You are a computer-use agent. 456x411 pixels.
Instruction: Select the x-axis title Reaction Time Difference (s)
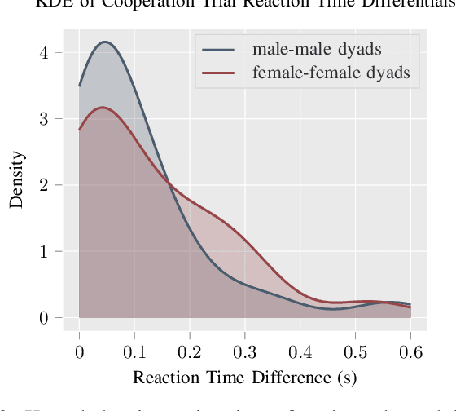[x=244, y=377]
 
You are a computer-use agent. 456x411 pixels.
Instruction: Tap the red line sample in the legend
[x=218, y=75]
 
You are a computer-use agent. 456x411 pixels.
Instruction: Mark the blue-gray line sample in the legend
[x=218, y=50]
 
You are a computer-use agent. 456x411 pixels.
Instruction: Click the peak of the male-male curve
[x=104, y=42]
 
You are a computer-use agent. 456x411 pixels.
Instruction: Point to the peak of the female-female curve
[x=102, y=107]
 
